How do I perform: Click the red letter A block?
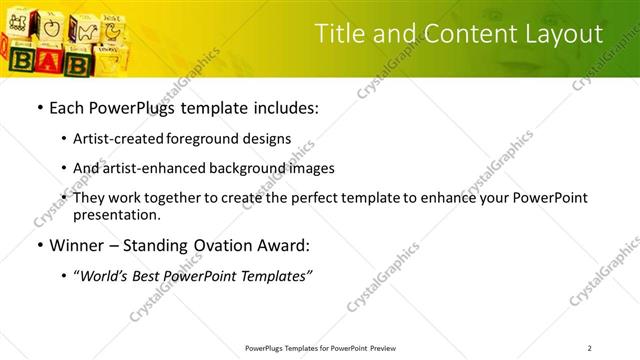coord(51,59)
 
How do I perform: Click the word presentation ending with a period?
coord(117,215)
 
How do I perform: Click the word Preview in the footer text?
coord(383,348)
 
